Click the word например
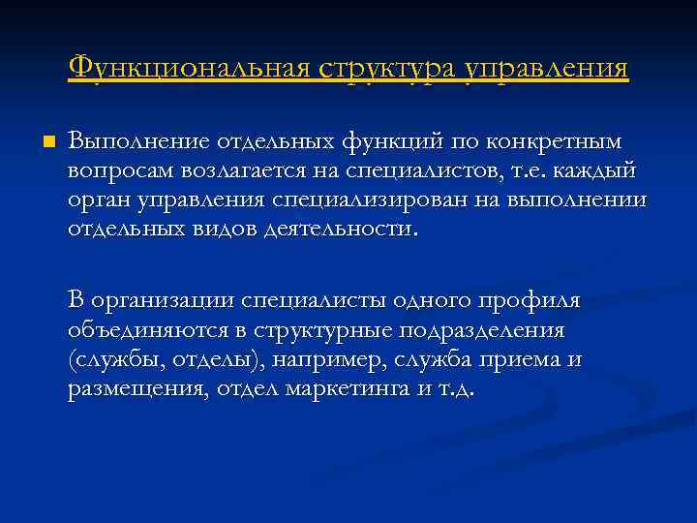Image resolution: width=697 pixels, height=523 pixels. [325, 359]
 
